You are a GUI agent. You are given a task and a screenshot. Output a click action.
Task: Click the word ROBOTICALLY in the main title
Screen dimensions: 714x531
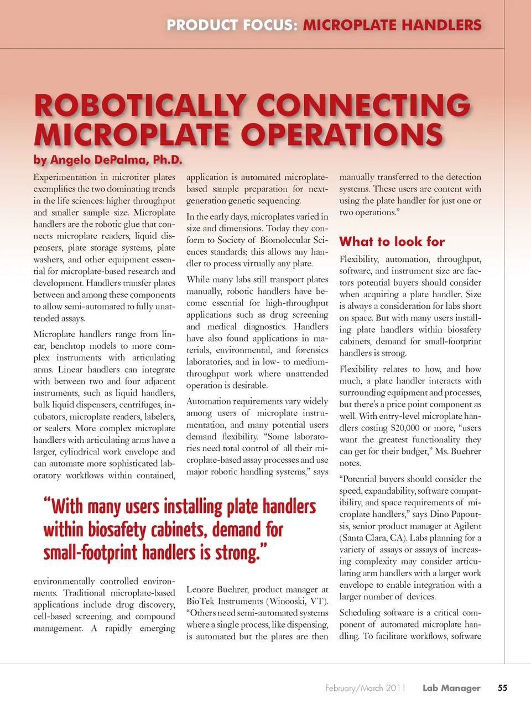pos(140,106)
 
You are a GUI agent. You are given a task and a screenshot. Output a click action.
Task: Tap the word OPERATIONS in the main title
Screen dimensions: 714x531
pos(342,134)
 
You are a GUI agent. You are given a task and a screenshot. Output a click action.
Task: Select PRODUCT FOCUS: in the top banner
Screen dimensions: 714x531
pos(232,25)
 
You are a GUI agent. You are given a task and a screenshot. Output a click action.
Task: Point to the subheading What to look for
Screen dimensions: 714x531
pos(392,241)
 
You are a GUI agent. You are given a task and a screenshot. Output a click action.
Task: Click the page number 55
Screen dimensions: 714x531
pos(502,688)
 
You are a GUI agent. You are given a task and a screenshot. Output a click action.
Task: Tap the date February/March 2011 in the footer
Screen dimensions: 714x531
pos(365,688)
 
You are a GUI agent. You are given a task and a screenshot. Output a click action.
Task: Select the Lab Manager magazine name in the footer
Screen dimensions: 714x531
pos(451,688)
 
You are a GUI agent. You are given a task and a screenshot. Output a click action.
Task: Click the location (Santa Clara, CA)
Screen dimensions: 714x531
pos(371,537)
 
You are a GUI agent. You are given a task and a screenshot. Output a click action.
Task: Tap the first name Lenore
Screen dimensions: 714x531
pos(200,589)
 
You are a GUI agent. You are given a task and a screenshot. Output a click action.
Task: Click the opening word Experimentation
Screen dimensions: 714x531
pos(65,177)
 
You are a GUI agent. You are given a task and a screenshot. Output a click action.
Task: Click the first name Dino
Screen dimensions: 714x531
pos(440,514)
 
